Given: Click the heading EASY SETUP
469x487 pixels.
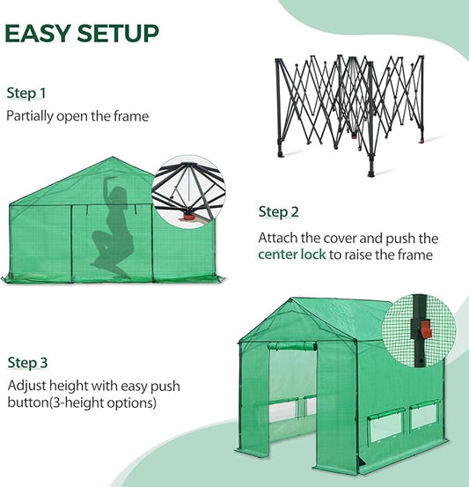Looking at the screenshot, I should pyautogui.click(x=82, y=33).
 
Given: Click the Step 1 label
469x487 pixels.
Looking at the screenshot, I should pyautogui.click(x=26, y=92).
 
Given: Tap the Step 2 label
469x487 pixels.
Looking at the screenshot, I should pyautogui.click(x=278, y=211).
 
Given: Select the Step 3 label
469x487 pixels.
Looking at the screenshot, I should pyautogui.click(x=28, y=362).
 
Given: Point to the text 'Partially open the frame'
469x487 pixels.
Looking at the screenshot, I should pyautogui.click(x=77, y=115).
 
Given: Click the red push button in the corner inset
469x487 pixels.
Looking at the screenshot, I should pyautogui.click(x=427, y=329).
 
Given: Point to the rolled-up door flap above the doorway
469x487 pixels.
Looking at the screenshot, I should pyautogui.click(x=290, y=346).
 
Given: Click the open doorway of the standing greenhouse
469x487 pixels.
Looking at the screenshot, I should pyautogui.click(x=290, y=392).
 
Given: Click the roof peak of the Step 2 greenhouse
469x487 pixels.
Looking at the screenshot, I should pyautogui.click(x=113, y=159).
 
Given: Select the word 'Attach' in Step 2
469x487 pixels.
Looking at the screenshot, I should pyautogui.click(x=279, y=238).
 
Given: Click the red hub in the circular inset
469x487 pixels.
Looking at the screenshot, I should pyautogui.click(x=187, y=214).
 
